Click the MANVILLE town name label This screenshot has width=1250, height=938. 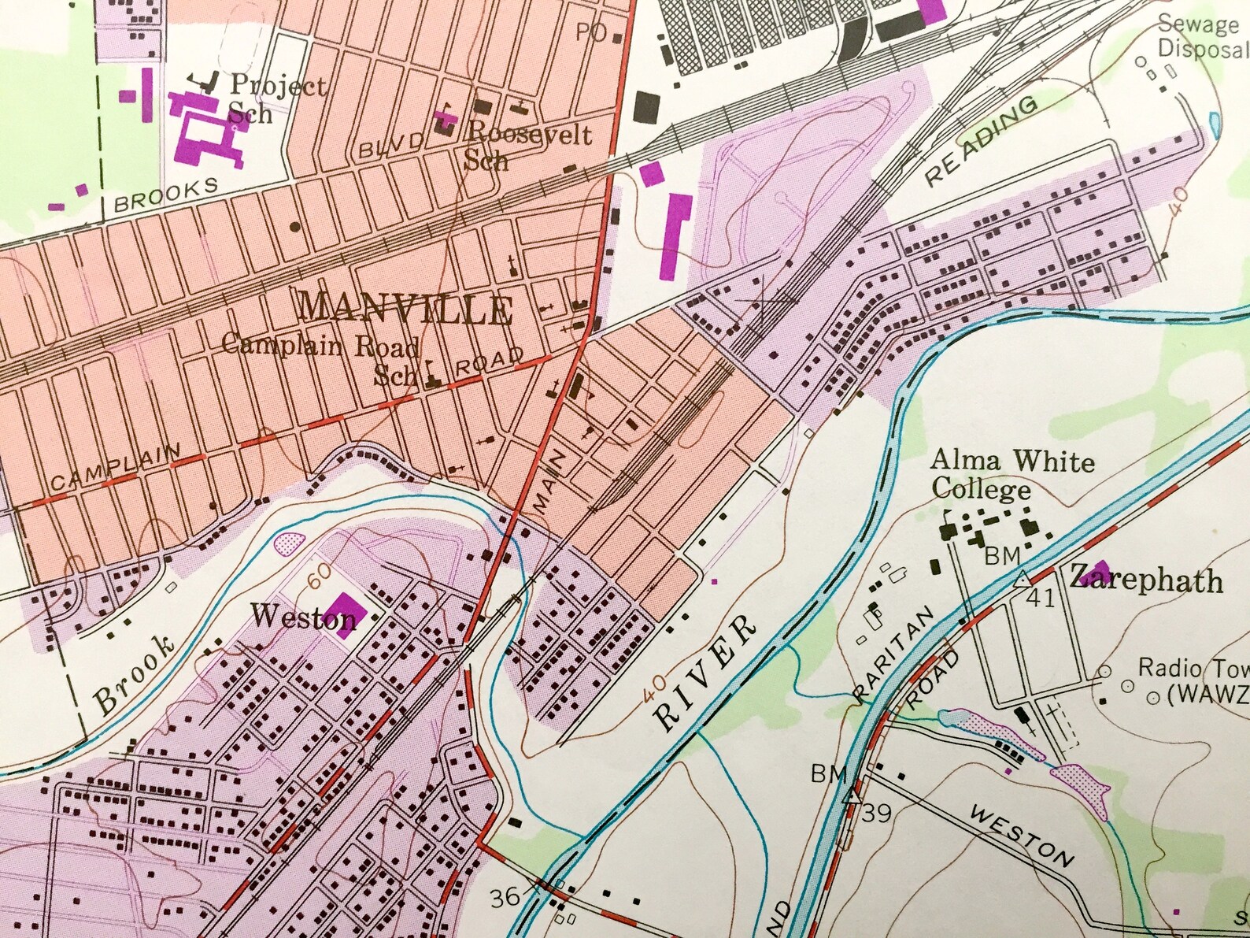(405, 309)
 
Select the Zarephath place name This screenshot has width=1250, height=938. (1145, 580)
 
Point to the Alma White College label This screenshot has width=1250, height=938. (1011, 475)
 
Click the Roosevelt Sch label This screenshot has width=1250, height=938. (527, 146)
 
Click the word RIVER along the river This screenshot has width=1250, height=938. (705, 673)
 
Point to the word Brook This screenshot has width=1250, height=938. (134, 676)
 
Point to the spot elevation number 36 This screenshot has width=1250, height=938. (505, 897)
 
